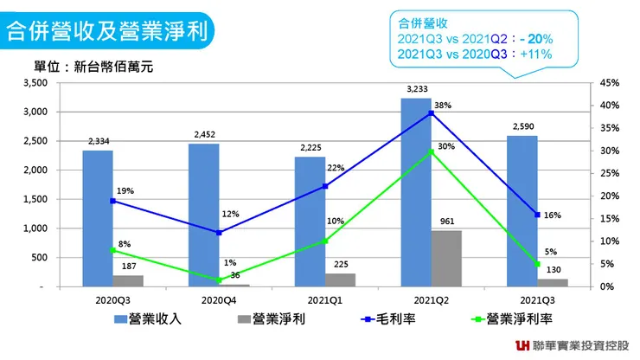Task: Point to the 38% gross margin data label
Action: pos(443,106)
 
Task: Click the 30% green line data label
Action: pos(446,146)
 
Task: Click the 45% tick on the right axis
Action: pos(609,83)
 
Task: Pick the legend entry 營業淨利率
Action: pos(516,318)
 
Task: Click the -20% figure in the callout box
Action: pos(537,40)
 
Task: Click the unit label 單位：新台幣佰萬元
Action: pos(93,67)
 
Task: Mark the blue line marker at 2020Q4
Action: pos(219,233)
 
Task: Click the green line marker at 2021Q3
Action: pos(537,264)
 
